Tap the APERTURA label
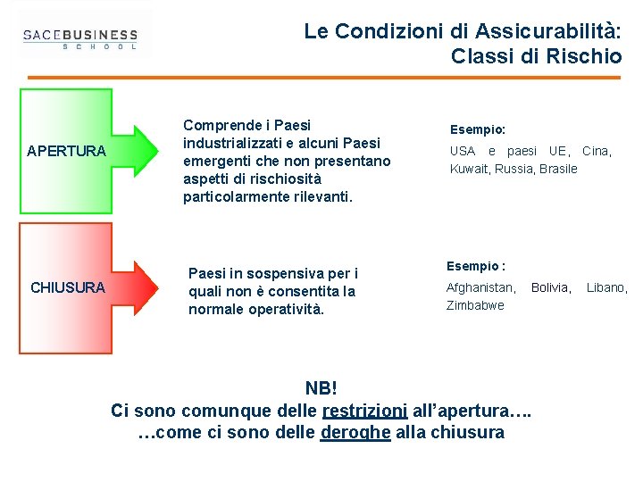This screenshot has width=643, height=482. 66,151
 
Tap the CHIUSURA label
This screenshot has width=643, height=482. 68,287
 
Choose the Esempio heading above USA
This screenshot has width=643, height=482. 477,129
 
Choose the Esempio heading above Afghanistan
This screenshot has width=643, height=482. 476,266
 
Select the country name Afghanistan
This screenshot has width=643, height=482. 480,287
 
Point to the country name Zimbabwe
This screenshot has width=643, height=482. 475,305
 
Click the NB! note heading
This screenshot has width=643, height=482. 321,388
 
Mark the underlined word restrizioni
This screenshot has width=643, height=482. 364,411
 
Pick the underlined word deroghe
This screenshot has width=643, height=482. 355,433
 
